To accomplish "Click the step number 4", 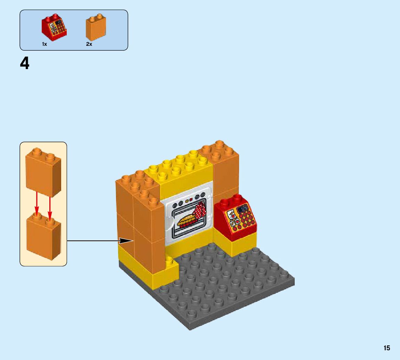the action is point(25,64).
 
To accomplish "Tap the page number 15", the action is point(387,348).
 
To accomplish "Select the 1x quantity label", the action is point(44,44).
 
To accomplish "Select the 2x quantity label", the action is point(89,44).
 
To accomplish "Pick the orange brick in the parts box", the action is point(96,28).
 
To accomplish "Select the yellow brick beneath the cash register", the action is point(235,245).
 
